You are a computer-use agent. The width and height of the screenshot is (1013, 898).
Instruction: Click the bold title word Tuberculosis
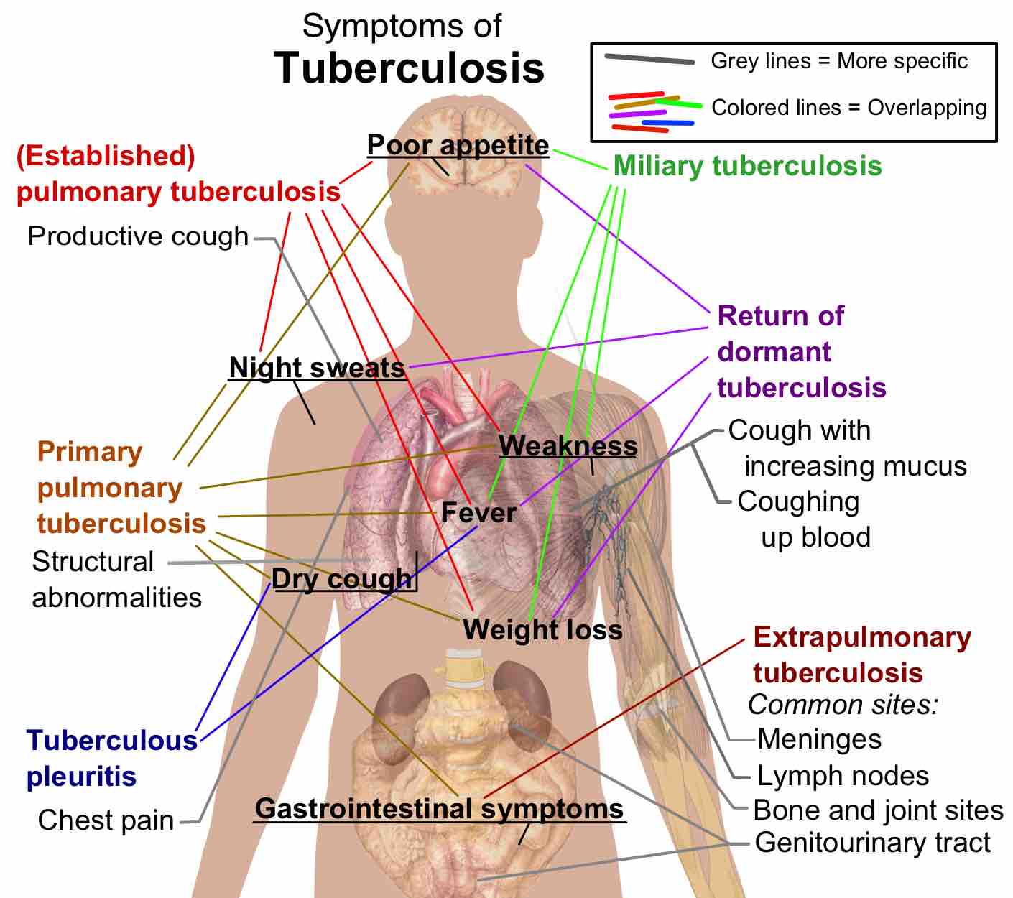pos(409,68)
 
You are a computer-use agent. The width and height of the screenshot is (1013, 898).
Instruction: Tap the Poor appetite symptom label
pos(458,145)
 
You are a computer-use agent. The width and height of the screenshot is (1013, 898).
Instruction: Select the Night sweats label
pos(317,368)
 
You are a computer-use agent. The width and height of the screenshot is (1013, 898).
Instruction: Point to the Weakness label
pos(568,446)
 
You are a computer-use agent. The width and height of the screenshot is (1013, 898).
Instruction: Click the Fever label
pos(478,513)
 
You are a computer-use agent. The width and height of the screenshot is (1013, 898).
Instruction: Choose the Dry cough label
pos(342,579)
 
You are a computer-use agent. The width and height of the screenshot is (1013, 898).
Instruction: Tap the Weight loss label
pos(542,629)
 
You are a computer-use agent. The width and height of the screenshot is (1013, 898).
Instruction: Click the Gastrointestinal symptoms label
pos(440,809)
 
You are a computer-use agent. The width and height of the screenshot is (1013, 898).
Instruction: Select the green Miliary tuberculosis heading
pos(747,166)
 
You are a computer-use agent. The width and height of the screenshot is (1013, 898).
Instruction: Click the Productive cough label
pos(138,236)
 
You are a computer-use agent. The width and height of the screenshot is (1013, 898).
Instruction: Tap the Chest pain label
pos(106,820)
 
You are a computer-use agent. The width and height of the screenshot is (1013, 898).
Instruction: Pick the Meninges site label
pos(819,739)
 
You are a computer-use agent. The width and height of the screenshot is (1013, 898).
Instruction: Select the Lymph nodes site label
pos(843,776)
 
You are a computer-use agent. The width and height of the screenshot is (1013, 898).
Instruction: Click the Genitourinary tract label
pos(873,843)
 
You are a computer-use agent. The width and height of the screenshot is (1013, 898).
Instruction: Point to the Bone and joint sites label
pos(878,810)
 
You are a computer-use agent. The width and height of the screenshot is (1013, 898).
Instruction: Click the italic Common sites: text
pos(843,705)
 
